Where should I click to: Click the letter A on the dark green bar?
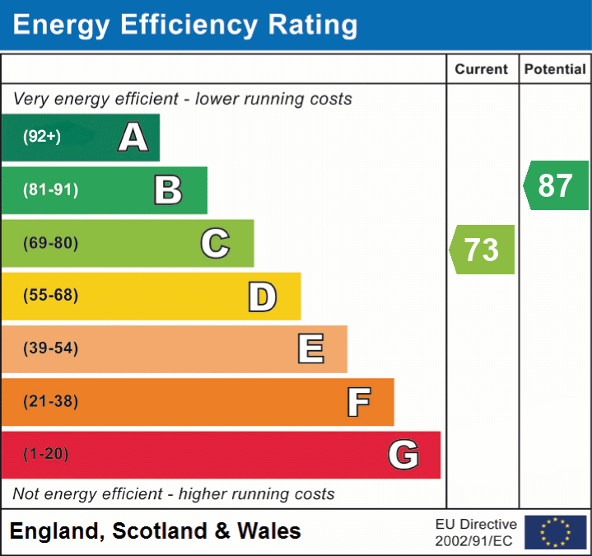click(133, 138)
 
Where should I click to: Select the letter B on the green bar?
click(168, 190)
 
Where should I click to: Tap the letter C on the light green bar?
click(215, 243)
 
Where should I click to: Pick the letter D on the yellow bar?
click(262, 297)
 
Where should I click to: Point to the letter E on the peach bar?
click(310, 349)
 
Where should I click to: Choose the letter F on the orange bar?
click(358, 402)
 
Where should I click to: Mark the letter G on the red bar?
click(403, 455)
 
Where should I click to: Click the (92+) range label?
click(41, 137)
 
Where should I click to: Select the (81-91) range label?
click(50, 190)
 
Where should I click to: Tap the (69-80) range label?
click(50, 243)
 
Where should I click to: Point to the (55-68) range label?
click(50, 296)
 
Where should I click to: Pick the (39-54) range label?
click(50, 348)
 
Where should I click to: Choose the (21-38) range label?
click(50, 402)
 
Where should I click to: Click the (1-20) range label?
click(46, 454)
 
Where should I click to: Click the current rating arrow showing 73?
click(482, 250)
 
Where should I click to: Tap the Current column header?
click(482, 70)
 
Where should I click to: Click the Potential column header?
click(555, 70)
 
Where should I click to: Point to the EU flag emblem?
click(555, 532)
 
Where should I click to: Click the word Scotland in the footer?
click(161, 531)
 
